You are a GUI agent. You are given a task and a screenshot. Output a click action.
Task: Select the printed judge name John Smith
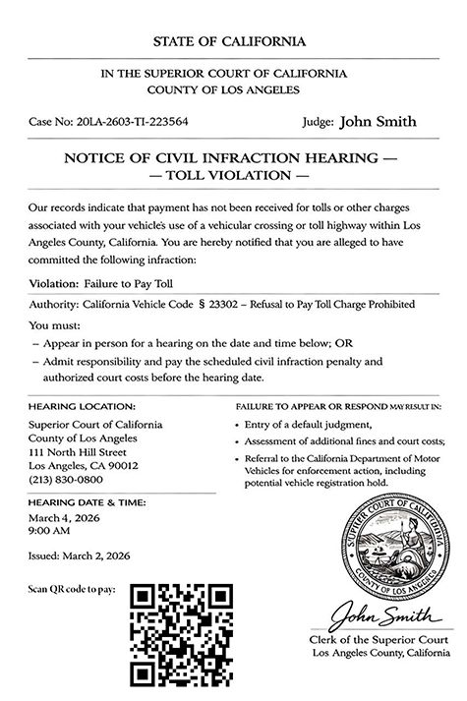click(378, 122)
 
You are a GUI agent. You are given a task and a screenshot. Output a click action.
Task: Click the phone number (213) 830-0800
click(66, 480)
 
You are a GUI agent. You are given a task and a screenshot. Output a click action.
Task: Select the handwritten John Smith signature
click(382, 617)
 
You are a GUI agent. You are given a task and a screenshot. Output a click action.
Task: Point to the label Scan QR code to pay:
click(74, 589)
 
